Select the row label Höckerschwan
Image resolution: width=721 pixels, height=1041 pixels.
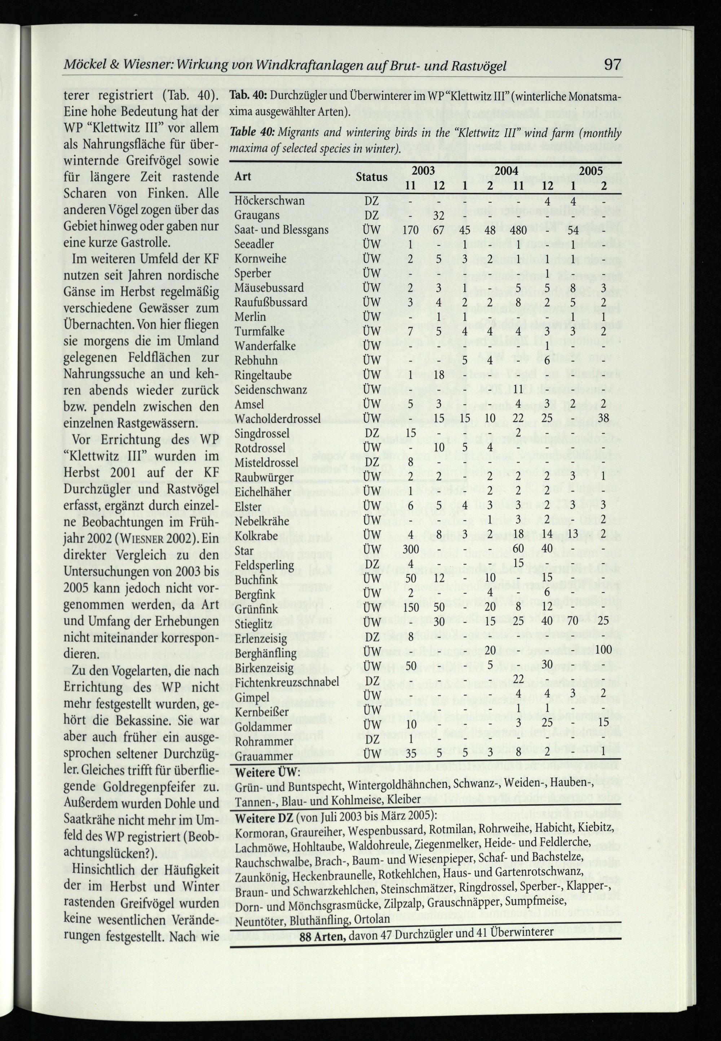click(269, 201)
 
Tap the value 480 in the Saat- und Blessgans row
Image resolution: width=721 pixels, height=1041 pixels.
click(518, 230)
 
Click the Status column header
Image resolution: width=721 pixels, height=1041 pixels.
click(371, 177)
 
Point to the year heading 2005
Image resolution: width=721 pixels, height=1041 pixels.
click(591, 171)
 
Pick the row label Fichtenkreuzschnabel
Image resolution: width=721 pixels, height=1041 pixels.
click(286, 682)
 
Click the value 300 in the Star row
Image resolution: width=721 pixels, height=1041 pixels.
click(411, 549)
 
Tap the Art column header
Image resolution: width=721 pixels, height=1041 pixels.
click(243, 177)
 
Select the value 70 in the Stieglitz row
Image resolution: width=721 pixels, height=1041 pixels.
click(573, 621)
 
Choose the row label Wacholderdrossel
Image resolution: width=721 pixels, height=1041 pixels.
click(277, 418)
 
